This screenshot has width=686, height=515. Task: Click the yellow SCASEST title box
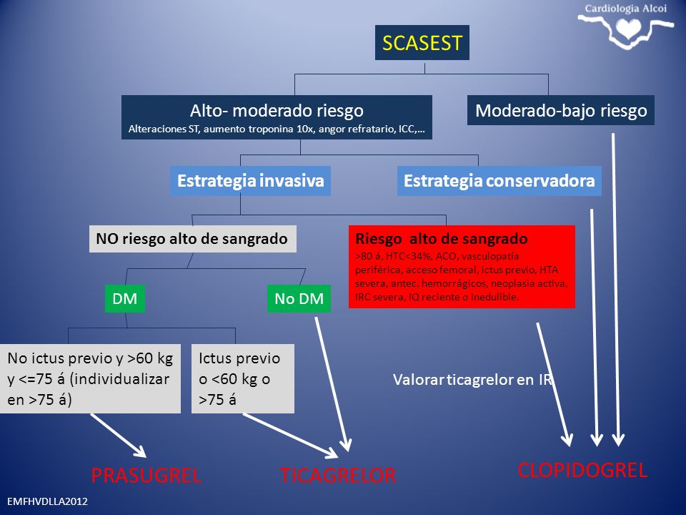tap(422, 42)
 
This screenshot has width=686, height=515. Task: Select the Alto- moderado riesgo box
tap(277, 117)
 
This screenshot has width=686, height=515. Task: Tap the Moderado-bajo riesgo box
tap(561, 110)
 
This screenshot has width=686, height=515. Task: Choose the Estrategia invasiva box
tap(250, 180)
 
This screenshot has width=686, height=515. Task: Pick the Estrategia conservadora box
tap(499, 180)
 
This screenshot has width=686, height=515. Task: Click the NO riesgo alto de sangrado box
tap(192, 239)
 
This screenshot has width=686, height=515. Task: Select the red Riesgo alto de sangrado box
tap(462, 267)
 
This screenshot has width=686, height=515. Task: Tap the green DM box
tap(124, 299)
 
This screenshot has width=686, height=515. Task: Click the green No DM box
tap(299, 299)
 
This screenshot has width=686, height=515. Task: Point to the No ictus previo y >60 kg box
tap(90, 378)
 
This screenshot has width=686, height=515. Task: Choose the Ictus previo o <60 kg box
tap(243, 378)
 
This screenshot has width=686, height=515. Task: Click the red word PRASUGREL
tap(146, 475)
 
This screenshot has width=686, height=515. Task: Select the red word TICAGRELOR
tap(338, 475)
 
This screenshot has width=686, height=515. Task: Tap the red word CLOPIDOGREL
tap(582, 470)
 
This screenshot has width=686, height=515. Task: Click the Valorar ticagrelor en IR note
tap(472, 380)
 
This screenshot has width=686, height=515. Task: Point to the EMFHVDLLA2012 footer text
tap(47, 501)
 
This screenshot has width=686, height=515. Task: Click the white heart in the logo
tap(628, 29)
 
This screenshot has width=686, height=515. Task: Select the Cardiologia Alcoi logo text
tap(626, 9)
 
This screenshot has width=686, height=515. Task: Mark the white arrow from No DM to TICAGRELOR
tap(332, 384)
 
